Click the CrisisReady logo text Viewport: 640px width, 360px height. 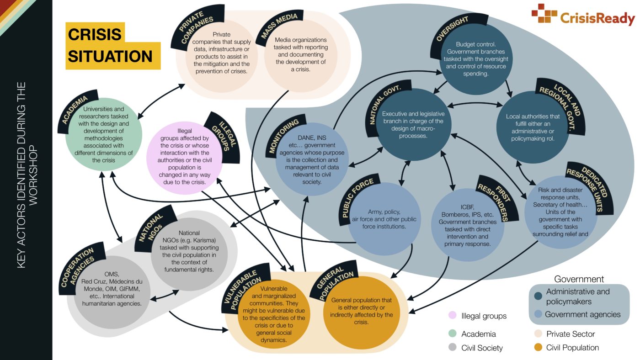coord(597,18)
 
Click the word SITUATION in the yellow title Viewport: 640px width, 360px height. coord(110,56)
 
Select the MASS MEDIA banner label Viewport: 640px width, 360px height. coord(279,26)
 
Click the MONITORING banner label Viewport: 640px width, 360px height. coord(283,136)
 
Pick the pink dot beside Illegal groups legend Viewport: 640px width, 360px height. coord(452,315)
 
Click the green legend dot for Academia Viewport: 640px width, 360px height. coord(452,333)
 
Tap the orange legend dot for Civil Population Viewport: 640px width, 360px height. coord(538,348)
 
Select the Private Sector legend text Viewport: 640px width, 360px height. coord(571,334)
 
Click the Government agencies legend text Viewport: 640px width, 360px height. coord(582,314)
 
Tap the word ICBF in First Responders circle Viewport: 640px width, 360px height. coord(467,207)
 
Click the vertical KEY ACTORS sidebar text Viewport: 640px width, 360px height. coord(27,175)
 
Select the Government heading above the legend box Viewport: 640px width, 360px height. coord(579,279)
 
